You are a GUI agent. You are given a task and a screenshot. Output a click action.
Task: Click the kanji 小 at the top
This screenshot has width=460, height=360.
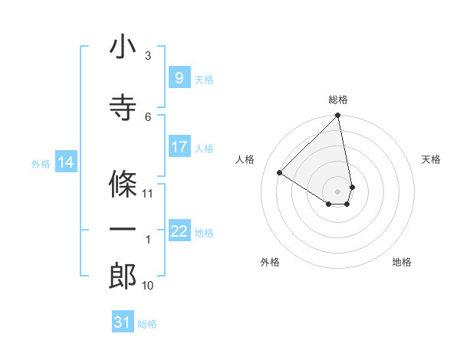[x=123, y=47]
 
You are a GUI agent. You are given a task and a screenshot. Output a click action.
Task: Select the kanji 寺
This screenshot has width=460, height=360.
[x=123, y=107]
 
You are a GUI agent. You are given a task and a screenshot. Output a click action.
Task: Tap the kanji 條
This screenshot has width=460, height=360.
[x=123, y=184]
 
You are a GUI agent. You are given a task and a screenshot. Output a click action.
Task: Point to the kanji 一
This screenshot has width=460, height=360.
[x=123, y=230]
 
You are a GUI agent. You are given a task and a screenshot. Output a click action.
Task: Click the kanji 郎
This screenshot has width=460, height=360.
[x=123, y=276]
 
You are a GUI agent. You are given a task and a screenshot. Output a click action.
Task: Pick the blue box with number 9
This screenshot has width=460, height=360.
[x=179, y=77]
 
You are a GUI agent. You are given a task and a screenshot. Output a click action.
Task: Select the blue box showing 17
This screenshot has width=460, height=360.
[x=179, y=147]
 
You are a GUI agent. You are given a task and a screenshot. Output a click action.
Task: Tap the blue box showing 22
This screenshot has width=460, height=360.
[x=179, y=231]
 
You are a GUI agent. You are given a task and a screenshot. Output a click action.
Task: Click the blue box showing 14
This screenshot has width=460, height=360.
[x=65, y=162]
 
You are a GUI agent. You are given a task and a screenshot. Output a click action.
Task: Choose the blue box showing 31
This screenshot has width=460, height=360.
[x=123, y=322]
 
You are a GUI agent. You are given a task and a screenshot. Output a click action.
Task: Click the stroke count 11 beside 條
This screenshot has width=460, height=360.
[x=148, y=193]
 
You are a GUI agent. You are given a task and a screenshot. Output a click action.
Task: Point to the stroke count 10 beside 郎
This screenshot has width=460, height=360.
[x=148, y=286]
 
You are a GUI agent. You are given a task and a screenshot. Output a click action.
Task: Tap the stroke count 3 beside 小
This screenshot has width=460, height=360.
[x=148, y=56]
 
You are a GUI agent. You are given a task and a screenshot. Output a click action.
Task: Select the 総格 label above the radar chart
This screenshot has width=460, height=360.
[x=337, y=100]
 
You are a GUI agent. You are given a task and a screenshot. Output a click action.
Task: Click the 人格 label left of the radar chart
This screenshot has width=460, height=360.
[x=245, y=159]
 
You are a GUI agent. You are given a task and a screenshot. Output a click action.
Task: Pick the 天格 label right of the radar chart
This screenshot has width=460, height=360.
[x=431, y=159]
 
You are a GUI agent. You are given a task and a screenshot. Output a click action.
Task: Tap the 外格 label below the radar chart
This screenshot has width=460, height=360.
[x=270, y=263]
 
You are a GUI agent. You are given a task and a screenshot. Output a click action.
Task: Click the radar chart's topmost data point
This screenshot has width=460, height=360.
[x=337, y=116]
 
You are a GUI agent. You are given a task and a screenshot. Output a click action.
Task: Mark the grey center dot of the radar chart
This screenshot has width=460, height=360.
[x=337, y=190]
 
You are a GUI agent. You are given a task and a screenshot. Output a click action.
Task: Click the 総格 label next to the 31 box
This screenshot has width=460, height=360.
[x=147, y=324]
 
